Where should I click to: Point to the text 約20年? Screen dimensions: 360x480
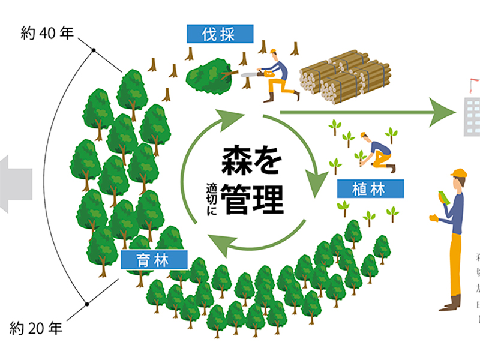[36, 328]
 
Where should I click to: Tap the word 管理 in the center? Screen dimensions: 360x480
[251, 199]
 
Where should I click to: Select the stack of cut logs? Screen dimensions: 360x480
[346, 77]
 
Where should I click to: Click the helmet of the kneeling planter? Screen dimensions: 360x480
[364, 136]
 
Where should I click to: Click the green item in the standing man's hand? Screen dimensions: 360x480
[441, 197]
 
